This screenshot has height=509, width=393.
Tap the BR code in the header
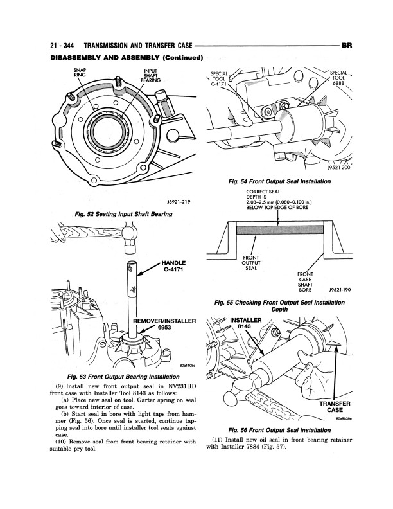coord(345,46)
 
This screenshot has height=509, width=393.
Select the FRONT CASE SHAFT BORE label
coord(304,282)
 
